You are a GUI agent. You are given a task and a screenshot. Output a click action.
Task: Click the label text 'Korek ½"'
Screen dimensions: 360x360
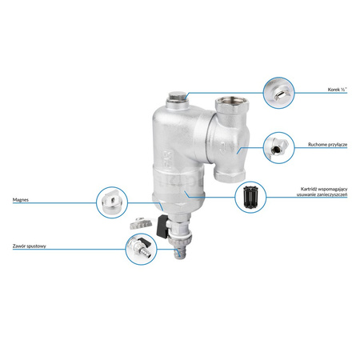coord(338,90)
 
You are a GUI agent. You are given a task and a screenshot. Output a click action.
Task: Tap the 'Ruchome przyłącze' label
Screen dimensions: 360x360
coord(328,145)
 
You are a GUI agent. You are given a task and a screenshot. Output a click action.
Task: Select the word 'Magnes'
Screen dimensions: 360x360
coord(21,200)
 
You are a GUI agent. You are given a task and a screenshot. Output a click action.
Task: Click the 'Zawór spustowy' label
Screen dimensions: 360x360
coord(30,246)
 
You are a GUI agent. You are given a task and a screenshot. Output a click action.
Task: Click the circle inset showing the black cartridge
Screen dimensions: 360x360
coord(250,198)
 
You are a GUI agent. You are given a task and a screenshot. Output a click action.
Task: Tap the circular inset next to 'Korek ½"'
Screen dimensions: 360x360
coord(278,93)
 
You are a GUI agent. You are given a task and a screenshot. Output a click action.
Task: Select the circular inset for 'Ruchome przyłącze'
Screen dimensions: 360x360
coord(278,148)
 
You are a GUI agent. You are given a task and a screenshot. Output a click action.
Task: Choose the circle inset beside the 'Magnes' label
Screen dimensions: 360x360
coord(112,202)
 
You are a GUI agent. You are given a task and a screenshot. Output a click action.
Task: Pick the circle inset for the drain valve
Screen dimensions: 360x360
coord(142,249)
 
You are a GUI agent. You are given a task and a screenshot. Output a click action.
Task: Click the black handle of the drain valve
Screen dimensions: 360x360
coord(162,226)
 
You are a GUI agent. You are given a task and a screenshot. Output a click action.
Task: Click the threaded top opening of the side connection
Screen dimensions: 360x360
coord(231,102)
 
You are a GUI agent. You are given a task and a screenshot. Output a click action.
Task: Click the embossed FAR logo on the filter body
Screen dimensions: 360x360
coord(168,159)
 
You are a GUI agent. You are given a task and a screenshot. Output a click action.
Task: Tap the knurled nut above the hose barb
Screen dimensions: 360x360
coord(179,241)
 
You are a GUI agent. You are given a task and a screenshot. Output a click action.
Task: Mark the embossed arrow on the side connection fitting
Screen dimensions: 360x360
coord(223,146)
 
